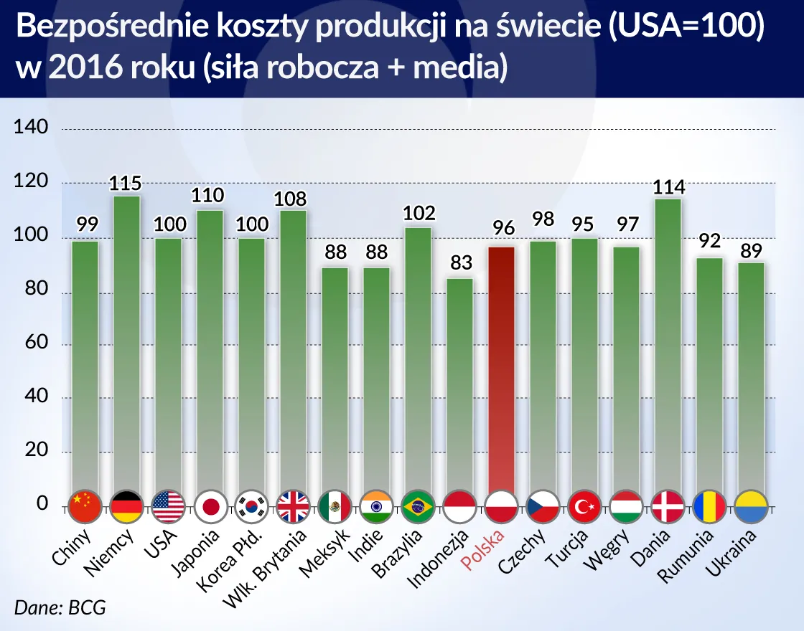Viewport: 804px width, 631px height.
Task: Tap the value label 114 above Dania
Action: click(668, 188)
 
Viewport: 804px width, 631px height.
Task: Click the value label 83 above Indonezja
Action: click(460, 263)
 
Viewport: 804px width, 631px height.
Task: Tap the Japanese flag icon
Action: click(210, 507)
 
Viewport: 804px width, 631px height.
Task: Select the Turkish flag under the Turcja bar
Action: click(584, 507)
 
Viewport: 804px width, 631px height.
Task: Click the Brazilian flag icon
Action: click(418, 507)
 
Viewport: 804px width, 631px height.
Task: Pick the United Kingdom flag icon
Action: click(293, 507)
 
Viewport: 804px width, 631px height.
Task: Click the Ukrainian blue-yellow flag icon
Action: click(751, 507)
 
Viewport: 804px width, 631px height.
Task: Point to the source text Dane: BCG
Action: click(60, 608)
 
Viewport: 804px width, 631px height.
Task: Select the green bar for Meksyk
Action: click(335, 373)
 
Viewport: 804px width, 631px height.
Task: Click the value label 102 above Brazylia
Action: click(418, 213)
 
